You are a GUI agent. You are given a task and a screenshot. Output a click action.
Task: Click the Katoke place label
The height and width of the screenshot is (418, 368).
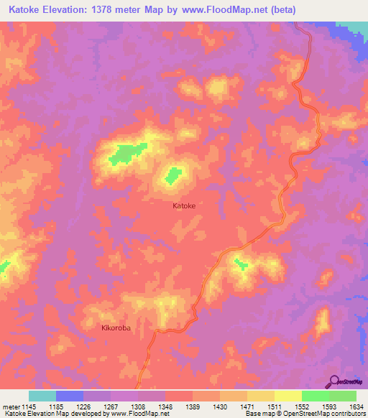tap(184, 205)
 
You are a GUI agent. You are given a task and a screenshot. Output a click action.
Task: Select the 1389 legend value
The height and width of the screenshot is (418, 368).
tap(192, 406)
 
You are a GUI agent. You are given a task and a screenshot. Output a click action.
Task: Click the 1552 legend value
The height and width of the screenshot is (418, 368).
tap(302, 406)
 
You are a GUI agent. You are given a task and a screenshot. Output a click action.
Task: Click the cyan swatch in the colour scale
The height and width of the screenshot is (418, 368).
tap(42, 396)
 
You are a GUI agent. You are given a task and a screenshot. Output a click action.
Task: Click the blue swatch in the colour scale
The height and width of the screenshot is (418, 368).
tap(70, 396)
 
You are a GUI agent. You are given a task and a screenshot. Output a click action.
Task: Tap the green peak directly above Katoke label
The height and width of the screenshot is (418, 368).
tap(173, 175)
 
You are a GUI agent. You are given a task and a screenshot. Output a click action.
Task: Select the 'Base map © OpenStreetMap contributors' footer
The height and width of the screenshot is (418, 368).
tap(305, 414)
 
